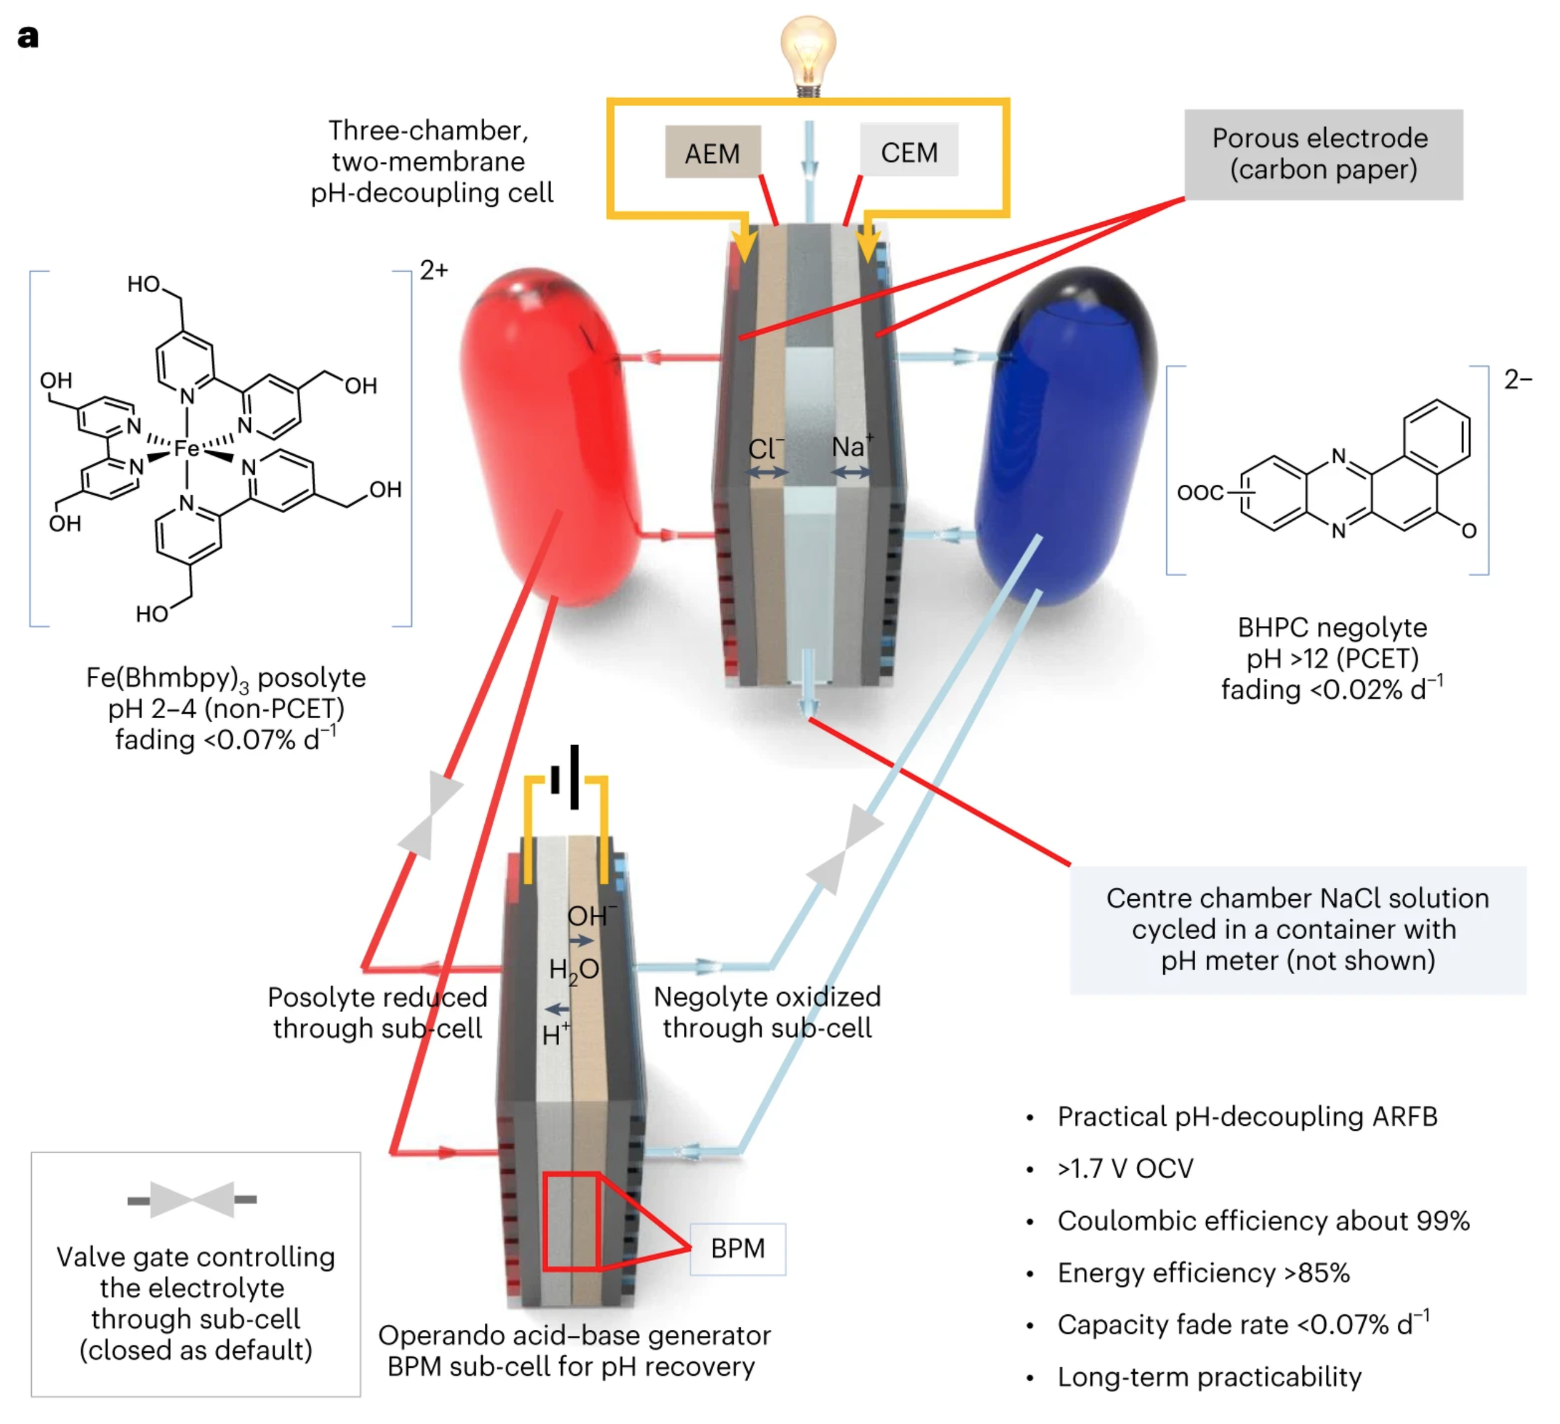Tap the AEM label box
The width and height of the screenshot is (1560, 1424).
[713, 152]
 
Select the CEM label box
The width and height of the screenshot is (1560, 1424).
[909, 151]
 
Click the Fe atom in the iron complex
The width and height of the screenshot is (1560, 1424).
[187, 448]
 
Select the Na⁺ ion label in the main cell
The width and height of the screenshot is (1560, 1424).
[851, 447]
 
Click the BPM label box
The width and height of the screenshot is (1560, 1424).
[738, 1248]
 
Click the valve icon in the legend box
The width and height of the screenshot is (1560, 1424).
[192, 1199]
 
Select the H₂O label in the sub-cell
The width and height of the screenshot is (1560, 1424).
[573, 970]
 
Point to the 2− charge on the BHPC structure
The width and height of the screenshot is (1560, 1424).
[1518, 379]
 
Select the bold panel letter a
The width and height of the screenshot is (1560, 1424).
[28, 36]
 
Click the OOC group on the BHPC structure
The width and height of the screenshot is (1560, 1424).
[1199, 492]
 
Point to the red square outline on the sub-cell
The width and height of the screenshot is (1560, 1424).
[571, 1221]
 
